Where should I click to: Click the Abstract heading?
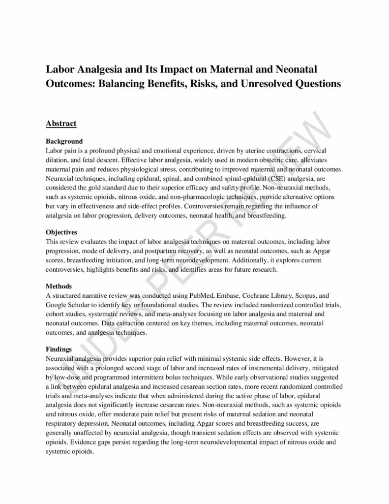[61, 123]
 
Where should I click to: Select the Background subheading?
[64, 141]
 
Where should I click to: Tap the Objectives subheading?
[62, 231]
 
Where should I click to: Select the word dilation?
[57, 159]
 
